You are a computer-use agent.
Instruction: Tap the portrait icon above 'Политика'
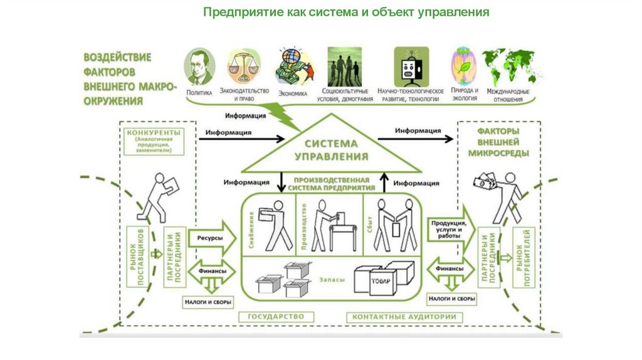[199, 67]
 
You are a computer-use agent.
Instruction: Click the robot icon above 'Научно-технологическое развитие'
[411, 66]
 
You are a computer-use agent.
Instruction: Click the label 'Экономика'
[292, 94]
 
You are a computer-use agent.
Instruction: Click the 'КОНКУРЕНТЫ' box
[154, 141]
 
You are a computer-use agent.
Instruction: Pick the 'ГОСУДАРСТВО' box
[275, 317]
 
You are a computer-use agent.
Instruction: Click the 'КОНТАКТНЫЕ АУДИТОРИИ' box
[404, 317]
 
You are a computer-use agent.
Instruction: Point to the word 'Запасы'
[330, 280]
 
